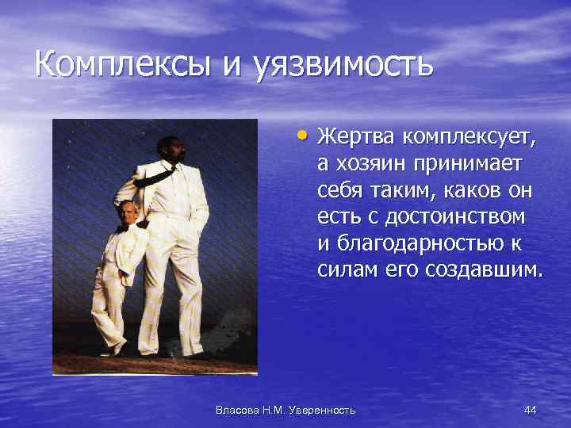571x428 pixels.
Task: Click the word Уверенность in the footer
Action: coord(322,409)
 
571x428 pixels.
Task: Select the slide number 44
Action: coord(531,409)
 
